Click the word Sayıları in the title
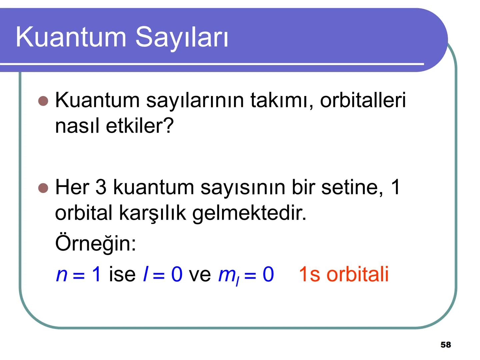click(182, 37)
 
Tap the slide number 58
click(446, 345)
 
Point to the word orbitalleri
click(363, 100)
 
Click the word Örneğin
click(95, 243)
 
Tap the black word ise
click(122, 275)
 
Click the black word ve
click(200, 275)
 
